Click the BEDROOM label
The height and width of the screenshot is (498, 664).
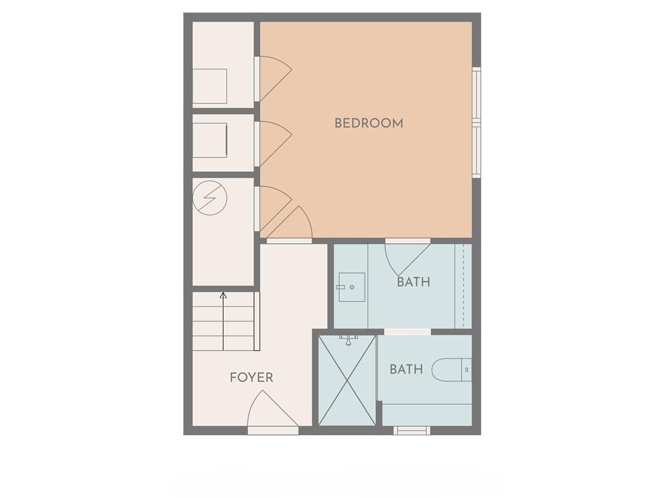[369, 123]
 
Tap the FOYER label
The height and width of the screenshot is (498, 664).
[252, 377]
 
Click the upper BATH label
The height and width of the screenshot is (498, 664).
[414, 282]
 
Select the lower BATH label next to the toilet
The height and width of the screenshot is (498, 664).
[406, 369]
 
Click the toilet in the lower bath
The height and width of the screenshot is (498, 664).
[451, 370]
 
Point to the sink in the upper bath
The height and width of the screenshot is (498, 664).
[351, 287]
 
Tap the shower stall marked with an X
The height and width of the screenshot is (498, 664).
[347, 380]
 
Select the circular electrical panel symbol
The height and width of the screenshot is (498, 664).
[209, 198]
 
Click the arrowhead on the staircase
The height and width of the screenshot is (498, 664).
[223, 295]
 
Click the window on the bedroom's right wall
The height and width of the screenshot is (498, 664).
[477, 122]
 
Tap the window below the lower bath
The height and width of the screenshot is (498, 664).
[412, 431]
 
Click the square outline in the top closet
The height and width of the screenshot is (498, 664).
[209, 86]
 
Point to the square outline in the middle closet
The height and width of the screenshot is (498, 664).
[209, 141]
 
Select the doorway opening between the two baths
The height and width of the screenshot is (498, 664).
[407, 331]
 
